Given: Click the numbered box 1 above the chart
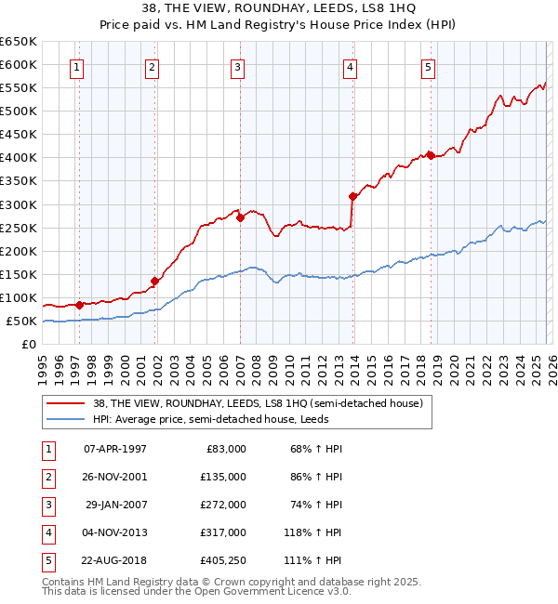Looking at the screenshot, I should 76,66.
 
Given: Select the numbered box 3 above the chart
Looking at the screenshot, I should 238,66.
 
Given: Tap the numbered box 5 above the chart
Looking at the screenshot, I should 428,66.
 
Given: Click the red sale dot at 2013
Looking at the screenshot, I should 352,196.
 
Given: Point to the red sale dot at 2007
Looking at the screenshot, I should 240,217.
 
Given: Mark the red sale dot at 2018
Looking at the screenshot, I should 431,155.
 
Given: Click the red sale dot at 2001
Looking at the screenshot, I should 154,281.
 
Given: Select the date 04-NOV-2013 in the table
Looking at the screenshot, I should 115,533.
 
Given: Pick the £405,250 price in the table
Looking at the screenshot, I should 224,560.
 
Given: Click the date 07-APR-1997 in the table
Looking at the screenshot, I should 115,449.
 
